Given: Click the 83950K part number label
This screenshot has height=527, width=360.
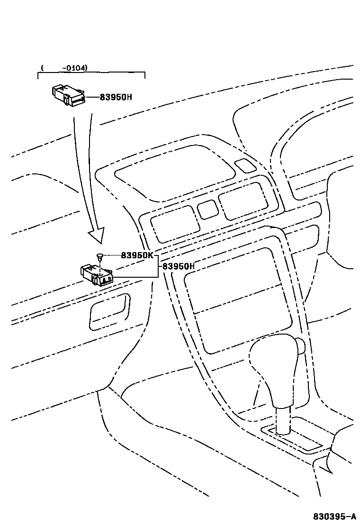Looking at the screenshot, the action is click(137, 255).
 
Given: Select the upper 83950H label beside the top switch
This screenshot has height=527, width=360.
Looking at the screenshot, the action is click(116, 97).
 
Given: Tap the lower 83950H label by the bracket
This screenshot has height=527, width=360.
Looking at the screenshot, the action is click(179, 266).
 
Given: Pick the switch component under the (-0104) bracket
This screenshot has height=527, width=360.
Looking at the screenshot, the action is click(68, 95).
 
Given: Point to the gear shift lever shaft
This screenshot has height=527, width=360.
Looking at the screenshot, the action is click(283, 419).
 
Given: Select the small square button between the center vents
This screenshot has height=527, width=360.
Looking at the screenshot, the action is click(207, 209).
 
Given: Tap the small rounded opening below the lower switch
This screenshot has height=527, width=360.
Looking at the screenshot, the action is click(109, 311).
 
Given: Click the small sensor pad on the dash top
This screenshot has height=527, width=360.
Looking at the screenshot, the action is click(245, 165).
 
